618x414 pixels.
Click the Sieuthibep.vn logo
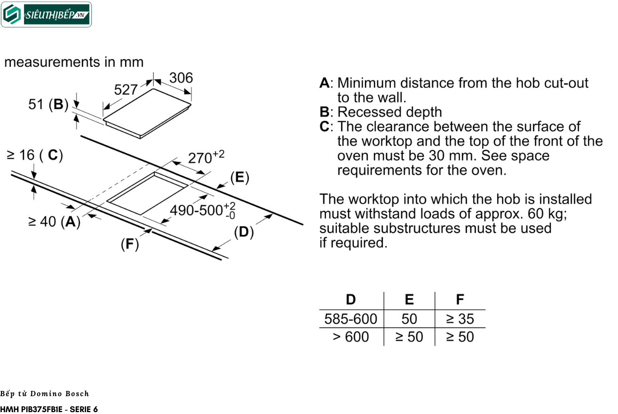46,15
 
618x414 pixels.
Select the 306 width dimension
181,78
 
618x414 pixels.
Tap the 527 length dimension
126,89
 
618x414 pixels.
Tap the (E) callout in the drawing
239,177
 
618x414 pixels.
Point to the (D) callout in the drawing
244,232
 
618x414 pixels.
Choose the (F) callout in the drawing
130,244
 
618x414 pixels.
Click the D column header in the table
351,300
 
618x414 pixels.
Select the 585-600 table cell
351,319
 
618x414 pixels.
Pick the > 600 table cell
351,337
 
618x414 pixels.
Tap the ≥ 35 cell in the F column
460,319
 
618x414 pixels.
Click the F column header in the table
460,300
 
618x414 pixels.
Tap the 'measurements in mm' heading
74,62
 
